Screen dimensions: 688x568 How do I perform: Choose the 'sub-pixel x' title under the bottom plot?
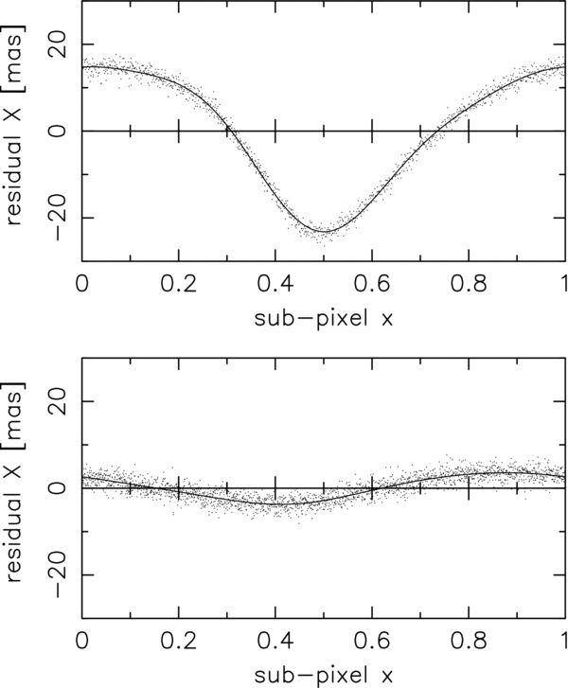coord(323,675)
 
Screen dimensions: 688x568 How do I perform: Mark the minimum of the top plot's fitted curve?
coord(325,231)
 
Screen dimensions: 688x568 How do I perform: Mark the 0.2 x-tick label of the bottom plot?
coord(178,640)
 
